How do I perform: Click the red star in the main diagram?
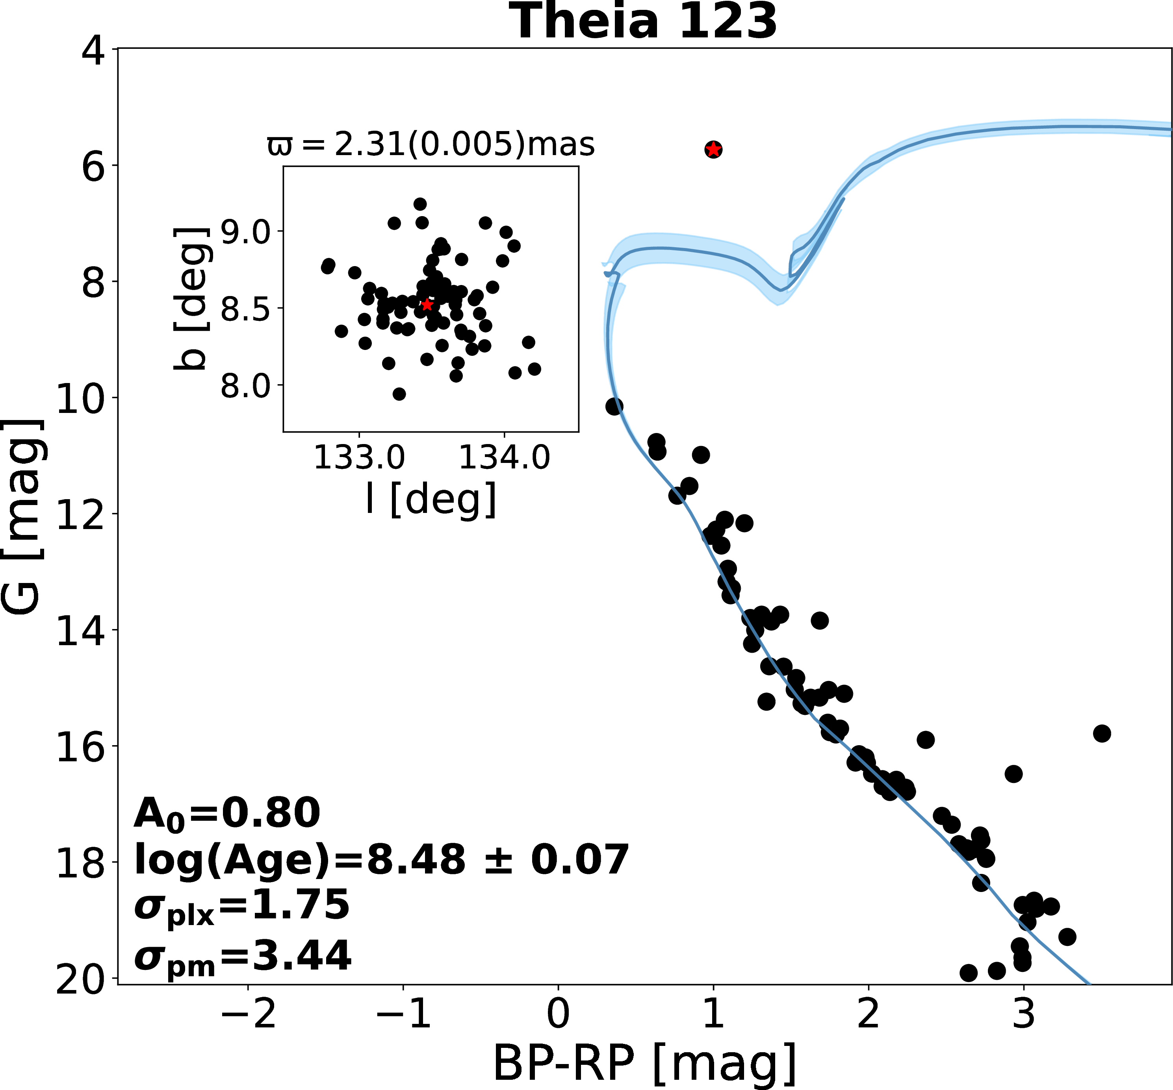coord(713,149)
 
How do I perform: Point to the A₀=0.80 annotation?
coord(227,813)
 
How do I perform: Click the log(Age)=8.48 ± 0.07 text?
coord(382,859)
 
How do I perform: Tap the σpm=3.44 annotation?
coord(243,956)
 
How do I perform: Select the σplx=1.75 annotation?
coord(242,907)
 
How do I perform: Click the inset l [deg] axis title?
coord(431,499)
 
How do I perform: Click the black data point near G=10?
coord(614,406)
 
